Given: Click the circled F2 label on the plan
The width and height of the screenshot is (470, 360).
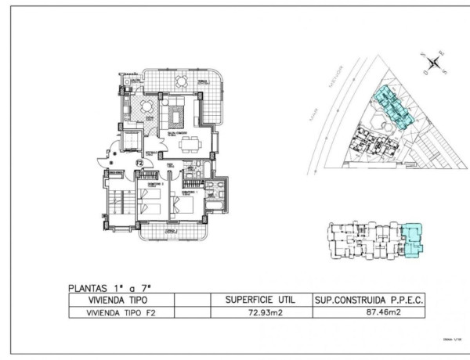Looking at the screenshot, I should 139,164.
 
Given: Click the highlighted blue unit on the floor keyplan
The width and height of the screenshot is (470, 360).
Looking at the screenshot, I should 412,237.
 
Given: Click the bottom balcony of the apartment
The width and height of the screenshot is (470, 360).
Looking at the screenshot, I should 171,231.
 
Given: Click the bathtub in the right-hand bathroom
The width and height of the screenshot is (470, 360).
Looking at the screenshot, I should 221,190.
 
